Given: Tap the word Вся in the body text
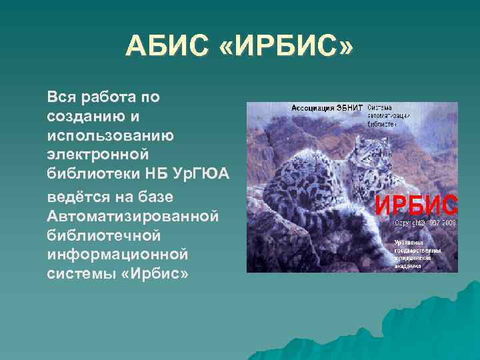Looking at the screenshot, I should [x=60, y=97].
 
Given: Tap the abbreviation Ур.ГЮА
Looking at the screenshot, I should [x=203, y=175].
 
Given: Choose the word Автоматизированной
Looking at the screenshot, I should [x=133, y=217].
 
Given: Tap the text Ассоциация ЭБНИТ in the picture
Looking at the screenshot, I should [x=327, y=108].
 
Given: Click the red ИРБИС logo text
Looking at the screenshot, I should [x=416, y=204].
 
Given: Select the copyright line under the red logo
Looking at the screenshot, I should [x=425, y=223].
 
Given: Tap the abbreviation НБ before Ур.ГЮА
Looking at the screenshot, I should [x=159, y=175].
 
